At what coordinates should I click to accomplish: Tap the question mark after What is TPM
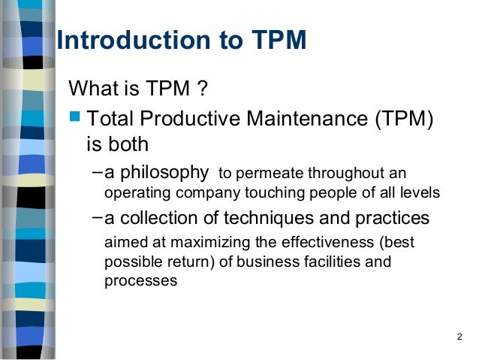click(x=201, y=91)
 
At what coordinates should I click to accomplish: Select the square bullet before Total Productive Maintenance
click(x=74, y=117)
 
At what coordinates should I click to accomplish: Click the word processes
click(x=140, y=282)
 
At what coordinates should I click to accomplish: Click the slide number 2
click(x=459, y=335)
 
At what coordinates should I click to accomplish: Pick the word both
click(x=129, y=144)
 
